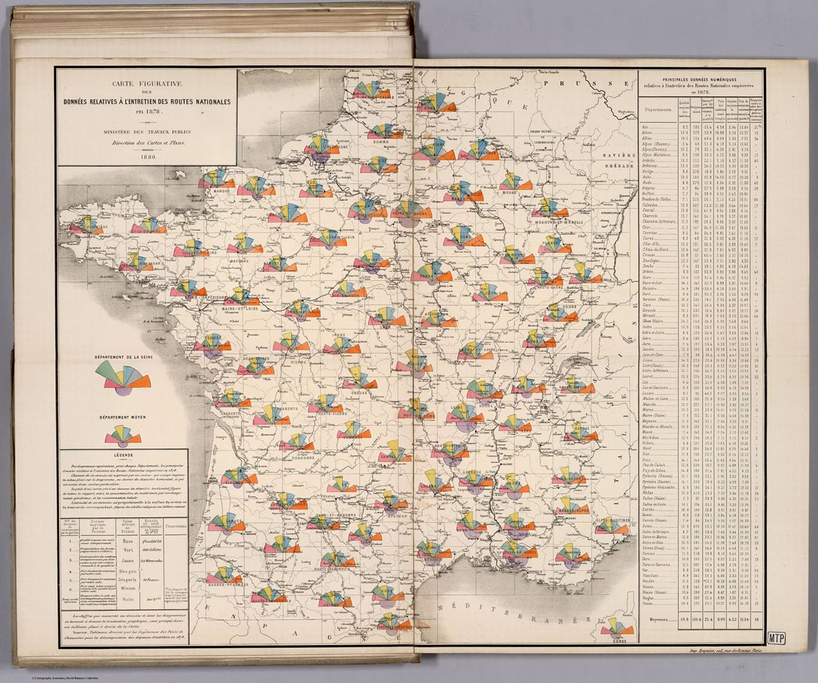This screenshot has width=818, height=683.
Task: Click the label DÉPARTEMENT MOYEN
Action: [x=123, y=416]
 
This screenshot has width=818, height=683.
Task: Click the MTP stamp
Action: [x=776, y=639]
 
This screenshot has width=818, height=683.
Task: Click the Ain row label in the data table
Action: [x=646, y=127]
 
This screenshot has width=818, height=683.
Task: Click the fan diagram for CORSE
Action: [x=616, y=628]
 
